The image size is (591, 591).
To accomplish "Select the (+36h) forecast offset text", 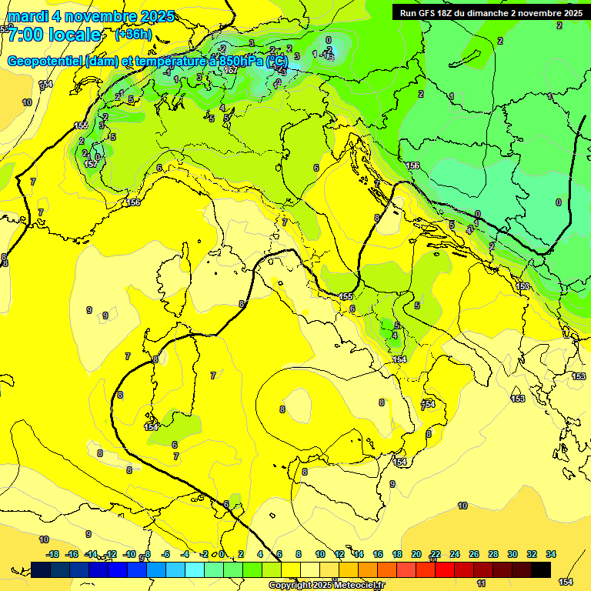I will pos(133,35).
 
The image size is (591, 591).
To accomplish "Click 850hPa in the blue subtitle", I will pos(239,61).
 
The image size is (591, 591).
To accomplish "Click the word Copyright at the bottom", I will pos(290,586).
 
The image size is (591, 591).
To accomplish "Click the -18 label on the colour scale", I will pos(52,554).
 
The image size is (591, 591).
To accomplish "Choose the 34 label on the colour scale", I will pos(551,554).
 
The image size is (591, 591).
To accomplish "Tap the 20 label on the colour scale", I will pos(416,554).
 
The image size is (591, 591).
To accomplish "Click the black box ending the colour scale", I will pos(541,569).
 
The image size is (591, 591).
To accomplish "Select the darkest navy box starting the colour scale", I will pos(41,569).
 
